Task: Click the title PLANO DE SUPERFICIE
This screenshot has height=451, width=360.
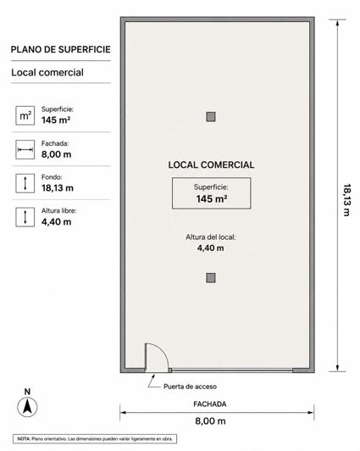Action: [x=61, y=49]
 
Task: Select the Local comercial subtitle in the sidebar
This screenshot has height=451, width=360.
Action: [x=47, y=73]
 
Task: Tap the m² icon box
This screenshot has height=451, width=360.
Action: [x=25, y=115]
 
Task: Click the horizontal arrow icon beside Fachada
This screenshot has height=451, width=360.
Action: [x=25, y=149]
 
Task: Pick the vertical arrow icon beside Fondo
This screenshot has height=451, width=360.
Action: [x=25, y=183]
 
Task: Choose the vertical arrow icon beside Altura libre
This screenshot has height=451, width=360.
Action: [x=25, y=217]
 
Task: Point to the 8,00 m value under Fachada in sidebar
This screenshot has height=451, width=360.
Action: [x=56, y=154]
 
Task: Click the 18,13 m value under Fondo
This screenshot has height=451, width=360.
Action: [x=58, y=188]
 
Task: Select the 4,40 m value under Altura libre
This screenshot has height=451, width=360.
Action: [x=56, y=222]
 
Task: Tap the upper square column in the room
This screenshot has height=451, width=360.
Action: [x=211, y=117]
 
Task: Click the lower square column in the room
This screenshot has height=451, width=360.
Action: [x=211, y=278]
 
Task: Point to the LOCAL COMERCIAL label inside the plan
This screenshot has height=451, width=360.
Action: [x=211, y=164]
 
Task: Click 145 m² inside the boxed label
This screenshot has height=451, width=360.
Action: [x=212, y=198]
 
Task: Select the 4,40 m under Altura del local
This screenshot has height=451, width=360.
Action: [x=211, y=248]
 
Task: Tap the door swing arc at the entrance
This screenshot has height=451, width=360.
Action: [x=163, y=352]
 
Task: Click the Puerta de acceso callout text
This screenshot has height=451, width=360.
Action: [x=190, y=387]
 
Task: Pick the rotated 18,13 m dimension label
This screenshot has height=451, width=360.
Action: [x=347, y=200]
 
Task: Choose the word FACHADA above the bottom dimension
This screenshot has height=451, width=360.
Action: [x=210, y=404]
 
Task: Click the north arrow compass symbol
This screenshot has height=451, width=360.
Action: [x=27, y=407]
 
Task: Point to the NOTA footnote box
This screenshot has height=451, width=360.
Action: [x=95, y=439]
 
